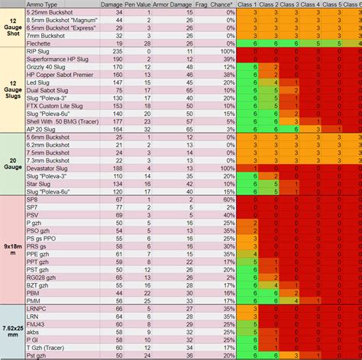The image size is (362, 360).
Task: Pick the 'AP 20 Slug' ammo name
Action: [41, 130]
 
